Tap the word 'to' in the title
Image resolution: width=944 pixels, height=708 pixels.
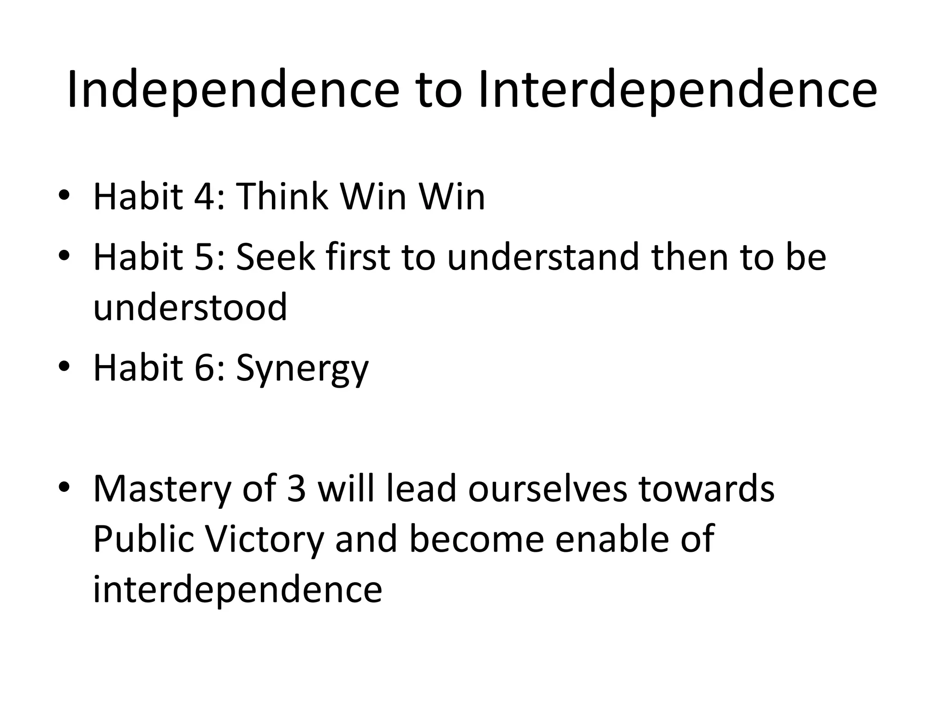pos(439,91)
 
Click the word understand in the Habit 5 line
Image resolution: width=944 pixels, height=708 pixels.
pos(543,257)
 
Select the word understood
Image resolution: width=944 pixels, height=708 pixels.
pos(190,307)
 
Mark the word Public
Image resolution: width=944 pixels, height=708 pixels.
pos(143,540)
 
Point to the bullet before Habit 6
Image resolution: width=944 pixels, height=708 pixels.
pos(64,367)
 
